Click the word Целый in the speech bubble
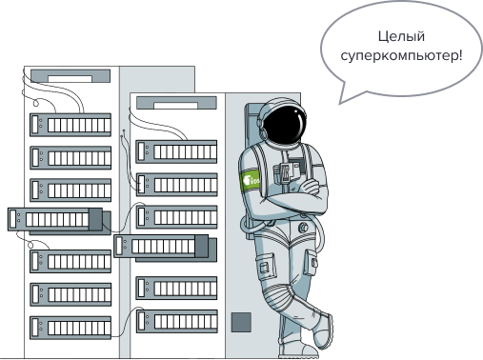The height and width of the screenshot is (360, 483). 401,37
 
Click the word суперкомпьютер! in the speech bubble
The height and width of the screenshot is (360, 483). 401,56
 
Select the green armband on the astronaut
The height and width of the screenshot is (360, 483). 250,180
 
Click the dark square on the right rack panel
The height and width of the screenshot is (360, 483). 241,322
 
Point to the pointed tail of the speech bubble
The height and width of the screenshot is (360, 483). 340,103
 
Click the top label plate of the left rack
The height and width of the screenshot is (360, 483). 70,76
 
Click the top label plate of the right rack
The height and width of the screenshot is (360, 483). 176,103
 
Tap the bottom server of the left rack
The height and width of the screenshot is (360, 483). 70,328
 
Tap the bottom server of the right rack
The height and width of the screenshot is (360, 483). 177,321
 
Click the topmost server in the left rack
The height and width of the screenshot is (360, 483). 70,125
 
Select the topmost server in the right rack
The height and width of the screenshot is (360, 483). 176,151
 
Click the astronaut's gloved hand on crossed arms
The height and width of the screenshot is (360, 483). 310,187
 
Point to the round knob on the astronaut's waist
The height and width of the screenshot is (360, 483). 304,228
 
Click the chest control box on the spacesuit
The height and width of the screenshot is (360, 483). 291,170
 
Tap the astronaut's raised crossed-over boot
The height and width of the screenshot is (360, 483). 323,330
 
